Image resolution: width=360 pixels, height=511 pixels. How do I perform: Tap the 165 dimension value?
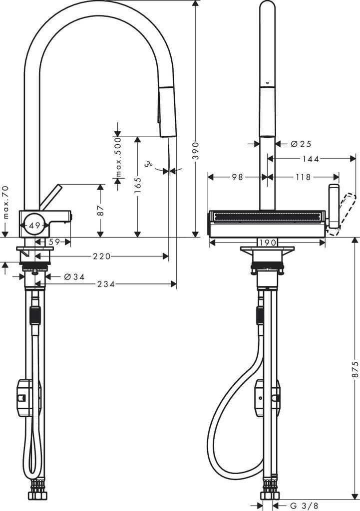138,186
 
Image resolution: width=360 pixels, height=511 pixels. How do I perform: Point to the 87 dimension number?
101,211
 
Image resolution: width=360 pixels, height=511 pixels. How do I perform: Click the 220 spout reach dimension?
101,256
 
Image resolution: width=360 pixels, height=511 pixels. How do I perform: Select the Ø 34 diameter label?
74,276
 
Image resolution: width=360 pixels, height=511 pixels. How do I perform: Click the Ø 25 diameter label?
301,144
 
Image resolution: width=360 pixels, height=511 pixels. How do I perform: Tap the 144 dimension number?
311,159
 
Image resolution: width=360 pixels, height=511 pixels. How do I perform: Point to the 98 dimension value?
237,177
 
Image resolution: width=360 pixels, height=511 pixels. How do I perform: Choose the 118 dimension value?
302,177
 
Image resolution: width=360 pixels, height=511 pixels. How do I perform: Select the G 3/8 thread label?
297,505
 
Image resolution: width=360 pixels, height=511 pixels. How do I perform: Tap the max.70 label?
5,202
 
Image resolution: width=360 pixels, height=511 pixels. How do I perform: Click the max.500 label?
118,158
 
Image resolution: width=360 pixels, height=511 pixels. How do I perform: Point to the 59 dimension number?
54,242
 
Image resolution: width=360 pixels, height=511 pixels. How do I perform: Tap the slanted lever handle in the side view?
51,197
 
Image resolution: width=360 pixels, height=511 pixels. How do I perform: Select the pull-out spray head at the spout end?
166,111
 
